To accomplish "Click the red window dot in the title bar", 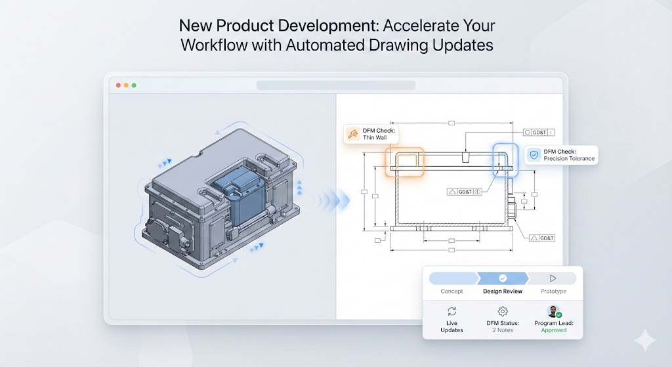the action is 118,85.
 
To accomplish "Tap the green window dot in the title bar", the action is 134,85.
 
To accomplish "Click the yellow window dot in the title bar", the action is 126,85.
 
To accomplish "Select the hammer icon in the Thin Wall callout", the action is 352,134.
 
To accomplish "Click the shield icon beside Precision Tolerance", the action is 534,155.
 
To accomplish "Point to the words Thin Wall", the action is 375,138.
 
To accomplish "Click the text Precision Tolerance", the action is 569,159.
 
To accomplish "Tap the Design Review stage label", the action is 503,291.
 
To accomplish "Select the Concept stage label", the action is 451,291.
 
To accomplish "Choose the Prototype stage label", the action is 553,291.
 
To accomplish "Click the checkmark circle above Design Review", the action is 503,278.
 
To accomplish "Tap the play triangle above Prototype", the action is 553,278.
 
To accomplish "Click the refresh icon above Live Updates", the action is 451,311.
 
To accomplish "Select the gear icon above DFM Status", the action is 503,311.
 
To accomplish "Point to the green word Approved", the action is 554,330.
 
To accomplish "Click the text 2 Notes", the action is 503,330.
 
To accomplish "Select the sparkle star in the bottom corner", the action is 645,341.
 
